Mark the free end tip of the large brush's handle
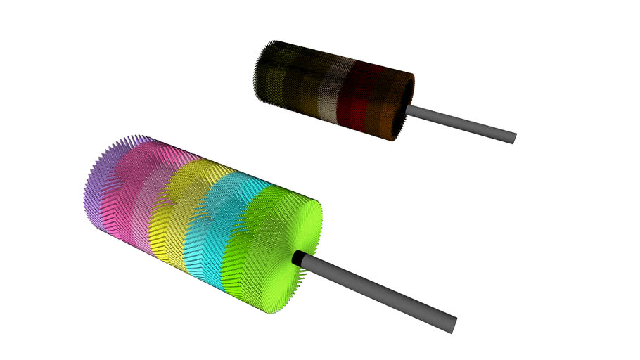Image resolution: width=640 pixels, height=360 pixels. [454, 324]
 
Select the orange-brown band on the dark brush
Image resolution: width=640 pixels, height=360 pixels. [383, 105]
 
